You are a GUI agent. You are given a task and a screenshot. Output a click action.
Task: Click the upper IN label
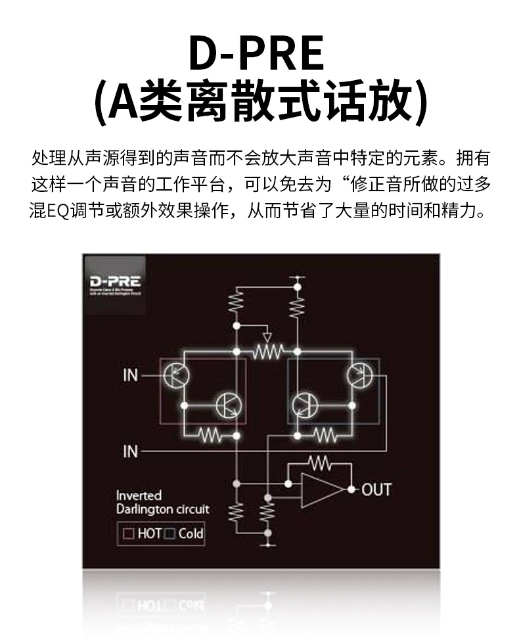point(131,375)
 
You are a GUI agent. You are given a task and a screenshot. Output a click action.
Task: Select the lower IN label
point(131,451)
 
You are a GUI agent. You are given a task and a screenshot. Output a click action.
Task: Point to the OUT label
point(376,490)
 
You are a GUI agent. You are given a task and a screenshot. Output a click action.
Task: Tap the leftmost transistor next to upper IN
point(176,375)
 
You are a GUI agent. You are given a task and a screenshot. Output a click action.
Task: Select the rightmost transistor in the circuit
point(359,375)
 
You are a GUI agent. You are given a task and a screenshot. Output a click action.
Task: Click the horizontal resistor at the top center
point(266,352)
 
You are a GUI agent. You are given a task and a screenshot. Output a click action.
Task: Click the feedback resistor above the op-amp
point(319,464)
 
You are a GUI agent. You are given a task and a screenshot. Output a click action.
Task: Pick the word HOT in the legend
point(150,534)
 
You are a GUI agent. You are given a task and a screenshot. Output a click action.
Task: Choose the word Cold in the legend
point(191,534)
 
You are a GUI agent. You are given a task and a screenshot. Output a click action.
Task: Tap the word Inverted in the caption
point(139,495)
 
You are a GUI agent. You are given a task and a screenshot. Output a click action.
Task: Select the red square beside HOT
point(128,534)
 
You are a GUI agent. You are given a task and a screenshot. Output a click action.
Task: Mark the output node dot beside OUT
point(352,490)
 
